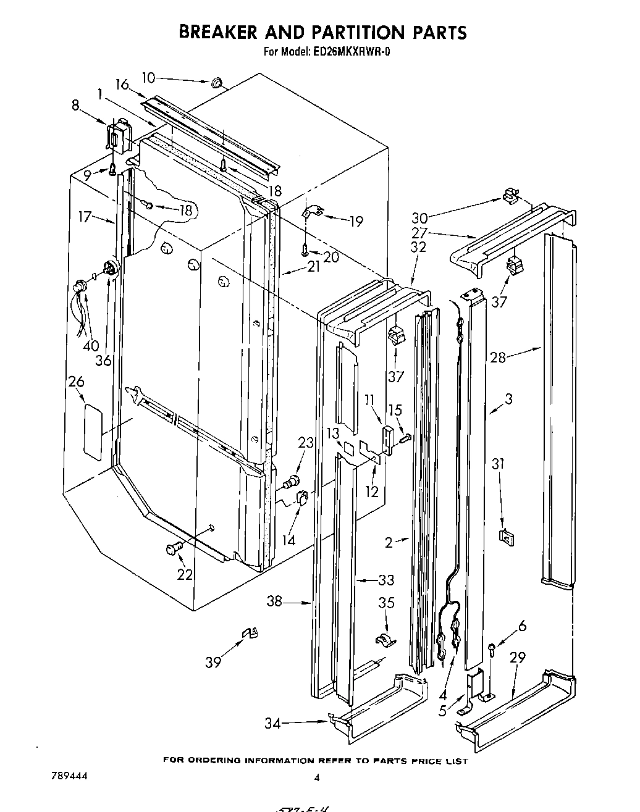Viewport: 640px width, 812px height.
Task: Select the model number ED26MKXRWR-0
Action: pyautogui.click(x=350, y=52)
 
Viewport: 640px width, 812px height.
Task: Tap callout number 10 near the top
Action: pyautogui.click(x=149, y=78)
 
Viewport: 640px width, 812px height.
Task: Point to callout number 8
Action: pyautogui.click(x=75, y=106)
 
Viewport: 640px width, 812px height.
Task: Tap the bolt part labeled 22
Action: pyautogui.click(x=174, y=549)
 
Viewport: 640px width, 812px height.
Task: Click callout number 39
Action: pyautogui.click(x=213, y=662)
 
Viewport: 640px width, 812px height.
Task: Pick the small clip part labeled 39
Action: pyautogui.click(x=250, y=632)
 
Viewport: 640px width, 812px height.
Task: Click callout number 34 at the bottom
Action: pyautogui.click(x=272, y=723)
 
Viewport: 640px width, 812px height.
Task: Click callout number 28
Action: pyautogui.click(x=498, y=358)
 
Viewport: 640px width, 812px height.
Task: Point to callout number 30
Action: pyautogui.click(x=419, y=217)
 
